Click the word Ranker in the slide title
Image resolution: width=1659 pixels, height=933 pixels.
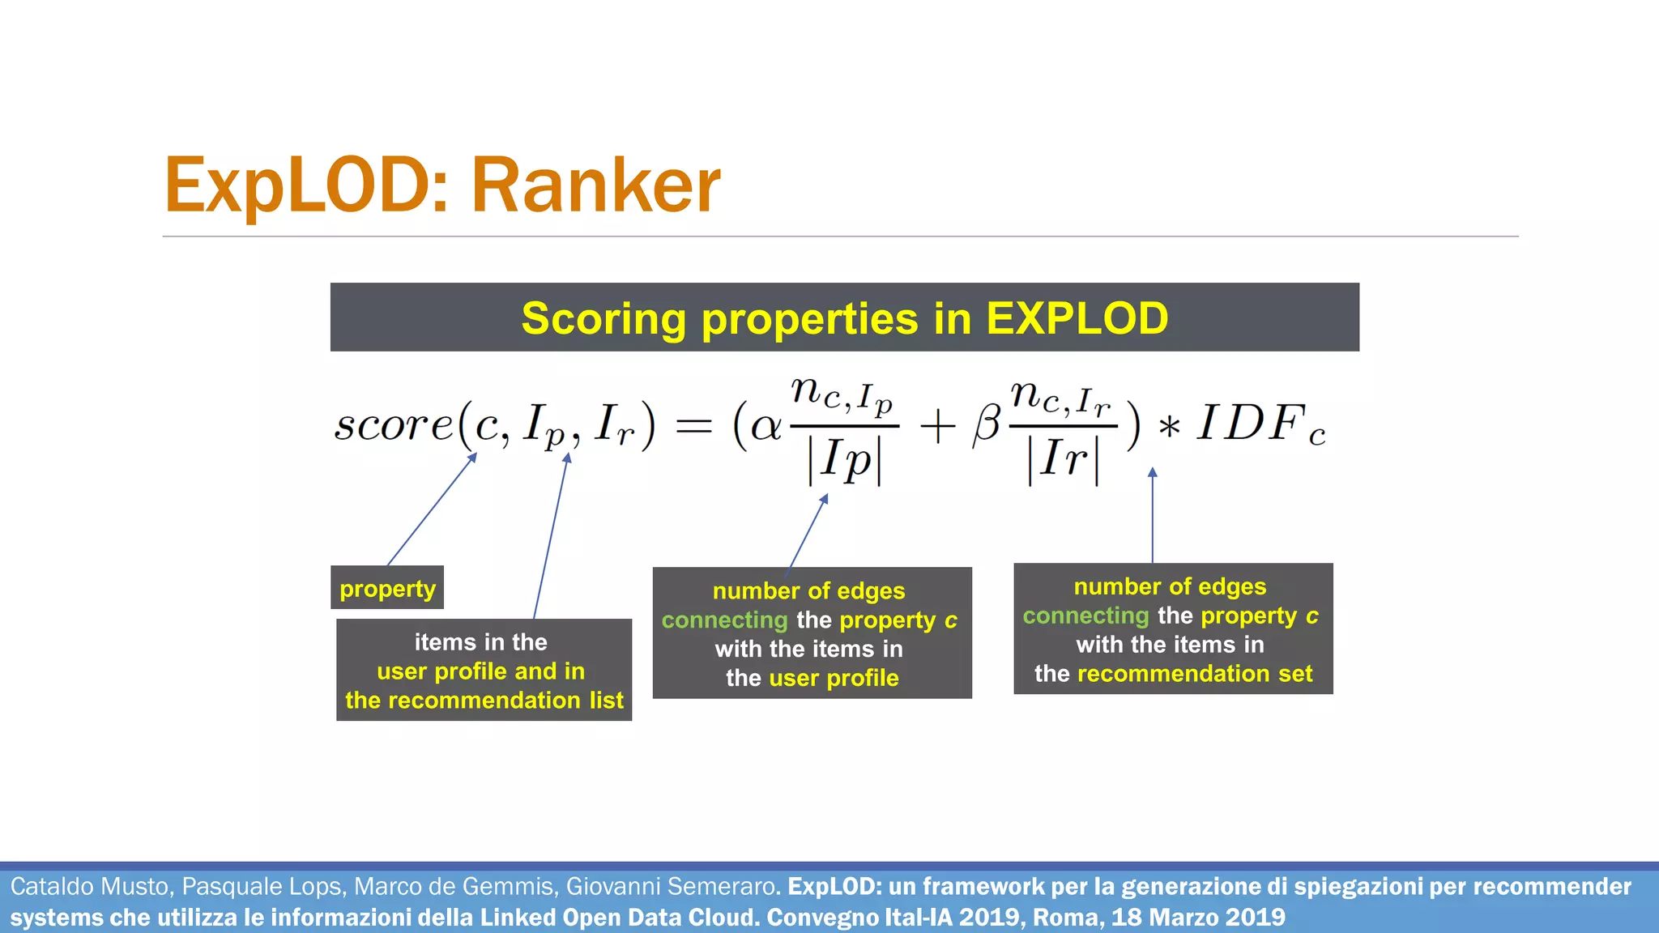click(x=595, y=186)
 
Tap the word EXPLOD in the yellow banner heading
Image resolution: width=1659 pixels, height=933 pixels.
click(x=1077, y=318)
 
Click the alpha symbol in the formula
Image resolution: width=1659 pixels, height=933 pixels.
click(x=766, y=426)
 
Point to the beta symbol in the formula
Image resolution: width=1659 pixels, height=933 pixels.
click(x=987, y=424)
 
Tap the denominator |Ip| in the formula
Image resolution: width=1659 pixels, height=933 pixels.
click(x=844, y=462)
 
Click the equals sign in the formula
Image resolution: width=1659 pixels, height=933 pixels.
click(x=693, y=426)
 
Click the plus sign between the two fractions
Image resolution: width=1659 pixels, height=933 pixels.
click(x=937, y=426)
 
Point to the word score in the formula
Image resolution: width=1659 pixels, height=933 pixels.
click(x=394, y=424)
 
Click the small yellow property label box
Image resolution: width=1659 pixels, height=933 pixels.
click(x=387, y=588)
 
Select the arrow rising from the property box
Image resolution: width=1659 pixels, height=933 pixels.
click(x=431, y=510)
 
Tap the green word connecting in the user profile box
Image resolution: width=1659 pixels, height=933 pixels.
click(x=724, y=620)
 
